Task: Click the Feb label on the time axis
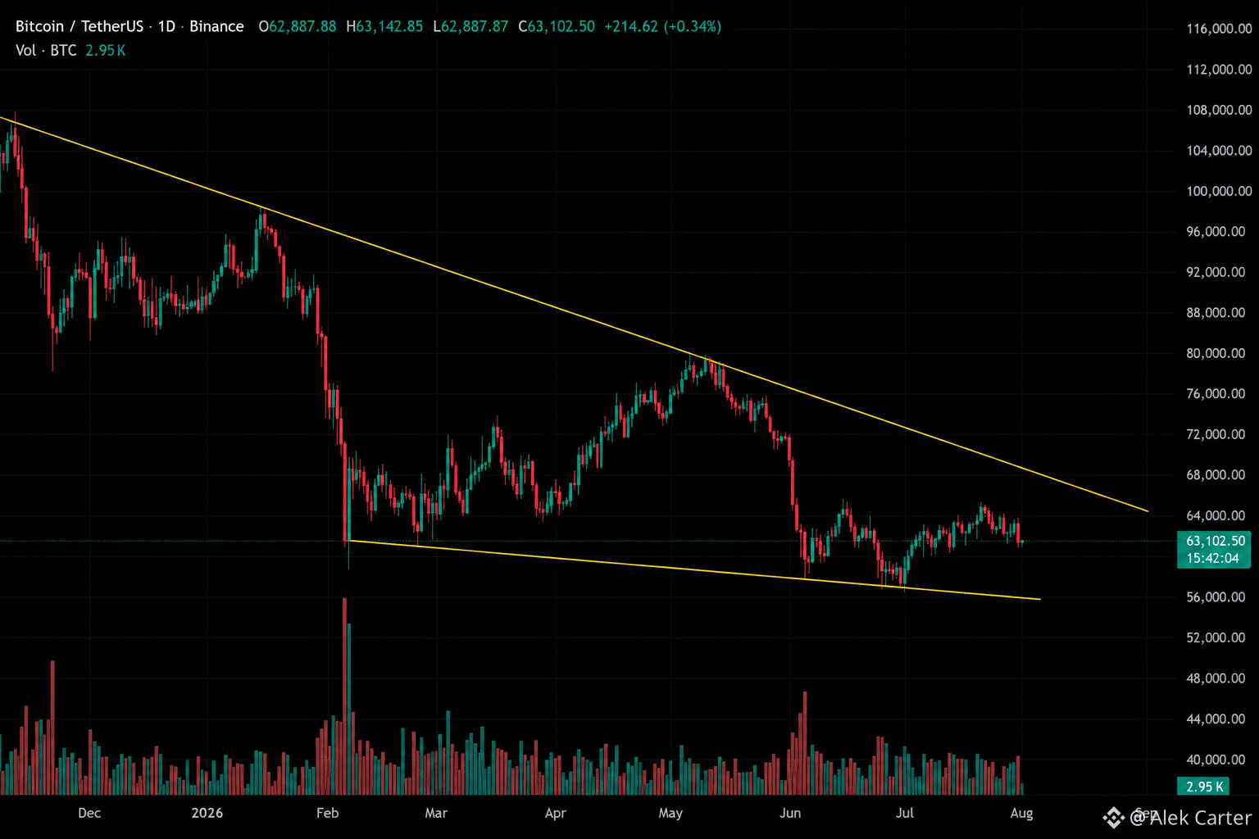(x=327, y=813)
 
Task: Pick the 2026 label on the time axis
(x=207, y=813)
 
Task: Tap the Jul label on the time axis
(x=904, y=813)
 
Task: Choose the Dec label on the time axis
(x=89, y=813)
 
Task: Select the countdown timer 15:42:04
(x=1213, y=558)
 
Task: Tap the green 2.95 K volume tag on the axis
(x=1203, y=787)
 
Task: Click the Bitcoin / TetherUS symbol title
(x=80, y=26)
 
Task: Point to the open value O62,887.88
(x=297, y=26)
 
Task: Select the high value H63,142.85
(x=384, y=26)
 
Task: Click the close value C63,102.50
(x=556, y=26)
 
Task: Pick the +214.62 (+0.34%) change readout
(x=662, y=26)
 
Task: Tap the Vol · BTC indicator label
(x=46, y=51)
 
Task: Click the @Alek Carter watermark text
(x=1190, y=819)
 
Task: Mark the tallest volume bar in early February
(x=344, y=696)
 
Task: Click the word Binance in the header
(x=216, y=26)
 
